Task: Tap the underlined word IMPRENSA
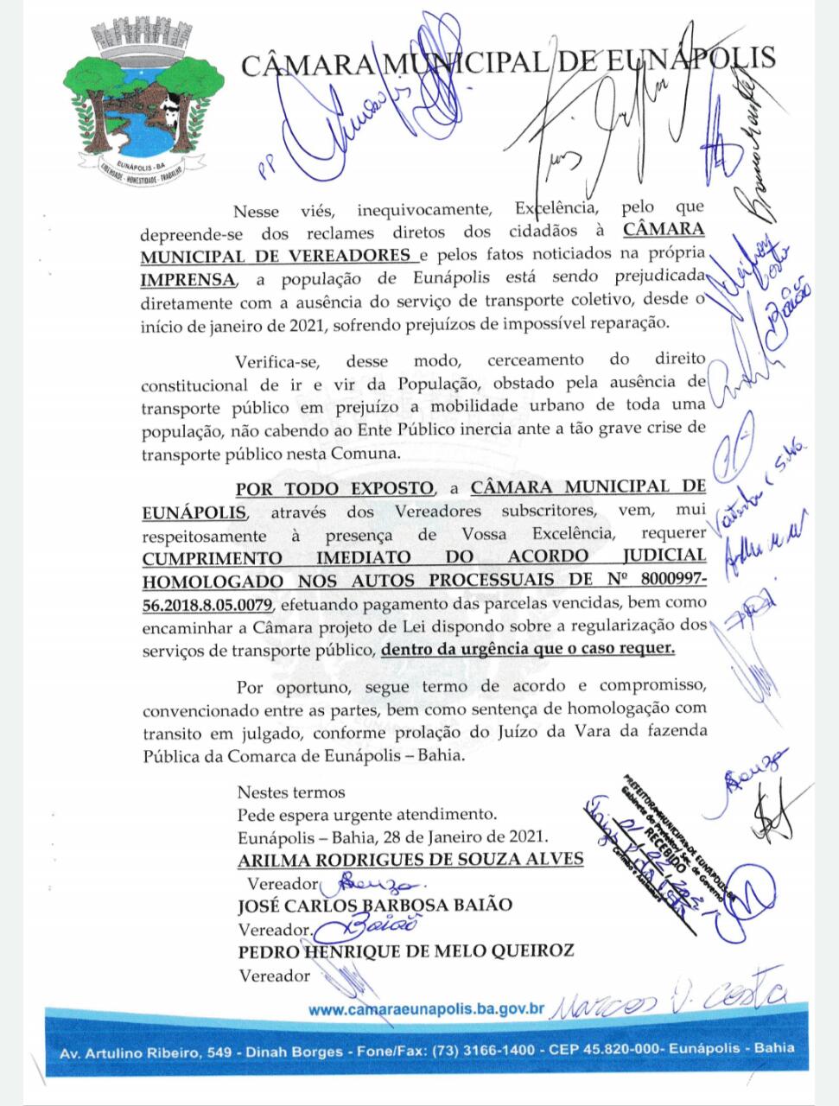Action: coord(188,278)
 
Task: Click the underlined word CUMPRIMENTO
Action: coord(212,556)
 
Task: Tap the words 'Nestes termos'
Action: coord(291,791)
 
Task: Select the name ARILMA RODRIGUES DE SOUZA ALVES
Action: coord(410,860)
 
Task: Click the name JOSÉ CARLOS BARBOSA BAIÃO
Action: coord(374,906)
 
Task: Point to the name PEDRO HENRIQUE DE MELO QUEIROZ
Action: coord(406,951)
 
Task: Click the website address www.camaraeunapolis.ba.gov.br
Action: coord(426,1009)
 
